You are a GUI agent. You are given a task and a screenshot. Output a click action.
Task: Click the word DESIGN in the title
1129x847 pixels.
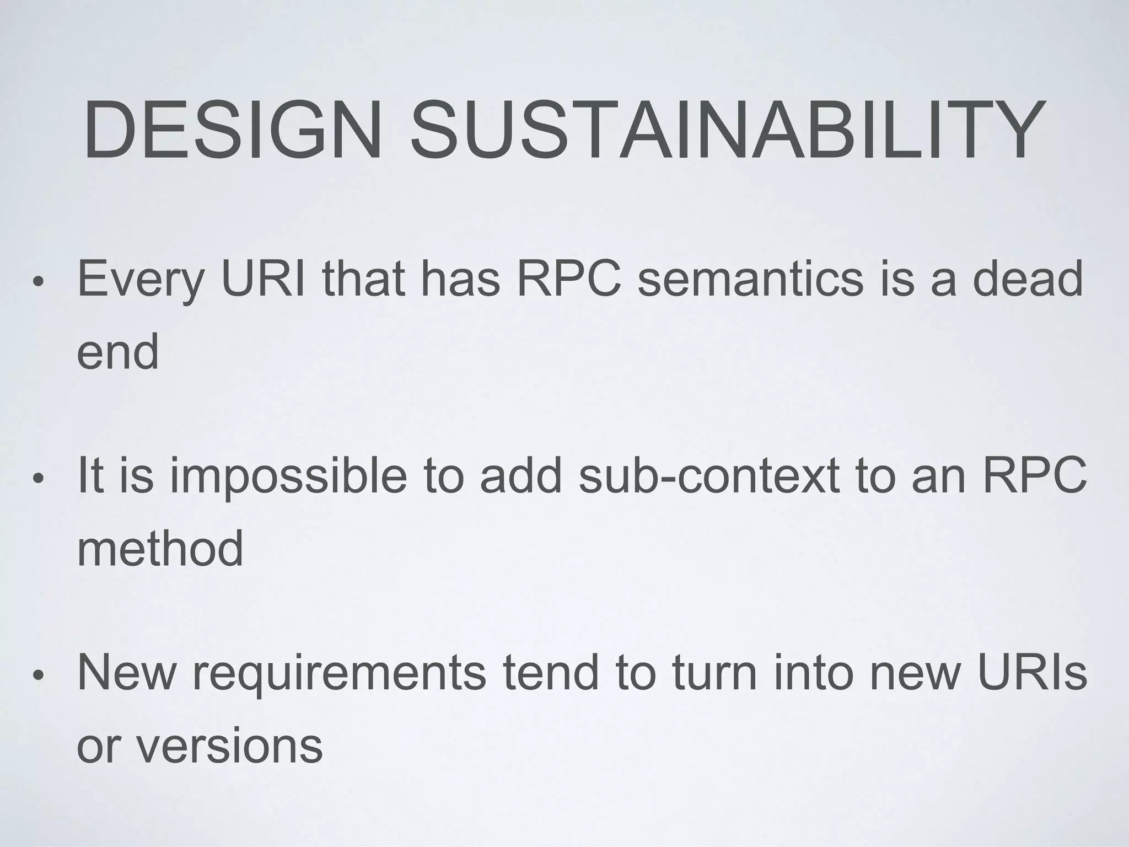pyautogui.click(x=232, y=130)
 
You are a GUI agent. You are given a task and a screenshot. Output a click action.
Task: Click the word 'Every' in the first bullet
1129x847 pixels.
pyautogui.click(x=141, y=280)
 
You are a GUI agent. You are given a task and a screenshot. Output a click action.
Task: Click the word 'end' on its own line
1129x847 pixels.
pyautogui.click(x=117, y=353)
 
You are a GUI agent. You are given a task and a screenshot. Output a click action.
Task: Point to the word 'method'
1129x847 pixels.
pyautogui.click(x=160, y=548)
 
